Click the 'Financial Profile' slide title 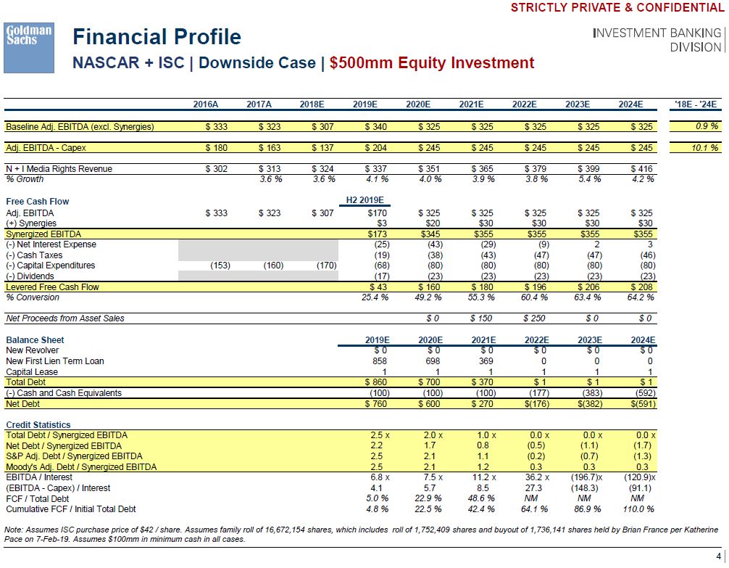pos(157,37)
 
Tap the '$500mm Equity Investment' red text pos(432,63)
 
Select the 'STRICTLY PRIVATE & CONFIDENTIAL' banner pos(617,8)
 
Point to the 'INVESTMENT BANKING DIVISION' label pos(657,40)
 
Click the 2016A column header pos(206,104)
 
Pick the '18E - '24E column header pos(695,104)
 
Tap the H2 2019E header pos(366,201)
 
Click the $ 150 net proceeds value pos(481,318)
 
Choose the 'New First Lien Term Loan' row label pos(55,361)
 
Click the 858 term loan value pos(379,361)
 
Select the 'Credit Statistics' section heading pos(38,424)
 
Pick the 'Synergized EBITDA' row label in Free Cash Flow pos(43,234)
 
